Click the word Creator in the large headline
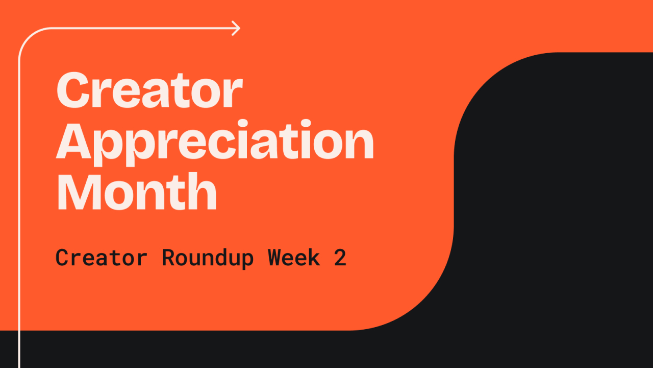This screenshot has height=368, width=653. (149, 89)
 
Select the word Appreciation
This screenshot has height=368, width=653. (215, 143)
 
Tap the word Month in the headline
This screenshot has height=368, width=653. (136, 191)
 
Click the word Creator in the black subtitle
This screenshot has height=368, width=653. (102, 258)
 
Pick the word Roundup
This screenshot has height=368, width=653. (208, 259)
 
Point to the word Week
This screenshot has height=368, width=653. (294, 257)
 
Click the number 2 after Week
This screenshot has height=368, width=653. (340, 257)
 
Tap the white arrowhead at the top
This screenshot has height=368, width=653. (236, 28)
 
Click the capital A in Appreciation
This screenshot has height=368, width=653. (73, 142)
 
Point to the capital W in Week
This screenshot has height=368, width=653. (275, 258)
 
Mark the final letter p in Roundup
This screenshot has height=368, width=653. (247, 261)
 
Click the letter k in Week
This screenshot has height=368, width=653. (314, 257)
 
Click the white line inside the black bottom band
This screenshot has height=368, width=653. (19, 349)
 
